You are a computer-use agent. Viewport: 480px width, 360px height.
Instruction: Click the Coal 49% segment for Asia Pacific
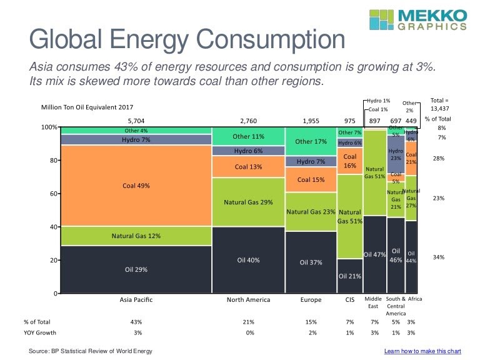click(136, 186)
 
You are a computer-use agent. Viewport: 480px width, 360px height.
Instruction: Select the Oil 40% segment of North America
click(249, 259)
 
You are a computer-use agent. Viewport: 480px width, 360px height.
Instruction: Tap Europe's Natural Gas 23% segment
click(311, 212)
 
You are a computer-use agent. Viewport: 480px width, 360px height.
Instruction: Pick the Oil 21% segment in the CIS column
click(349, 276)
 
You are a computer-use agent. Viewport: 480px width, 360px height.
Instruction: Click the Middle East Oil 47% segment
click(374, 254)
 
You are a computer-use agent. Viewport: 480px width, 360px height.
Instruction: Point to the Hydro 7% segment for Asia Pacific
click(136, 139)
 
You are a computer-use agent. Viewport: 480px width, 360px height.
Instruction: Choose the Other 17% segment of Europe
click(311, 141)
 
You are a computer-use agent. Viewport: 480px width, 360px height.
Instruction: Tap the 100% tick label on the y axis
click(49, 127)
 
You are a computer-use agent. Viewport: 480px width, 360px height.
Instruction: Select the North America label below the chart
click(249, 300)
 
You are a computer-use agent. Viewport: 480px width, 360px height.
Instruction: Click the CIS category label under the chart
click(349, 300)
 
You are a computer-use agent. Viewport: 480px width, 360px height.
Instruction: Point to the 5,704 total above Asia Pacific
click(136, 120)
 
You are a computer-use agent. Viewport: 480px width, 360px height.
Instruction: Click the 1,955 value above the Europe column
click(311, 120)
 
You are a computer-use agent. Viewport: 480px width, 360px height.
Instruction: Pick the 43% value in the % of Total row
click(136, 321)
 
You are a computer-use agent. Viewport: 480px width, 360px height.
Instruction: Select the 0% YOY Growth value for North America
click(249, 333)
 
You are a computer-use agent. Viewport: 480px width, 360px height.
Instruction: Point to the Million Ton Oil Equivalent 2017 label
click(87, 107)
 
